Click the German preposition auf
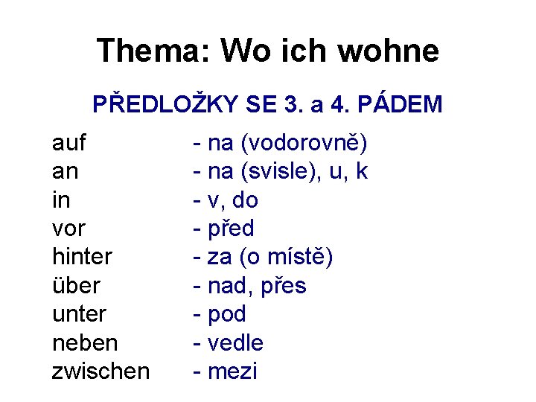69,142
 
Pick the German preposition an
66,171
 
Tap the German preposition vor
69,229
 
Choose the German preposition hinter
82,257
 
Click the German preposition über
76,285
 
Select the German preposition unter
79,314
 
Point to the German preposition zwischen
100,371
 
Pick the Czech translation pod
226,314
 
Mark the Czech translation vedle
235,342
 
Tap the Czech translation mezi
232,371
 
